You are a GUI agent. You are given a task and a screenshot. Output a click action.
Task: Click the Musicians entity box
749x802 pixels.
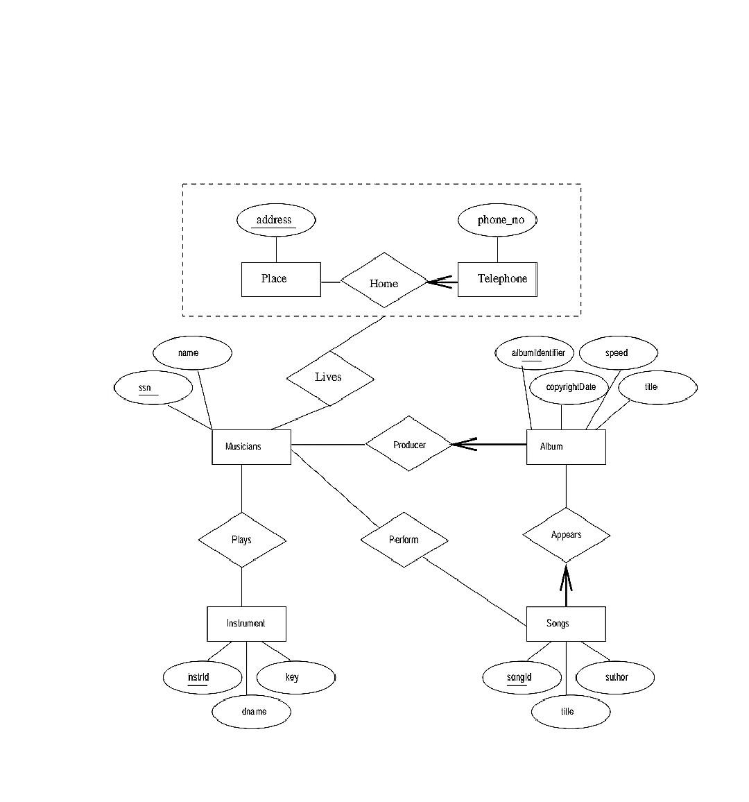[x=251, y=447]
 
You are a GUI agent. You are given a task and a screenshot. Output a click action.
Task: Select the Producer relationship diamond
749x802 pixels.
[x=408, y=444]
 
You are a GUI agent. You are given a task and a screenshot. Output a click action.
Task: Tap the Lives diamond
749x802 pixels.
[x=330, y=377]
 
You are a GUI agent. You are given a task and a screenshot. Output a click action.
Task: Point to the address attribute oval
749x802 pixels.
[x=275, y=221]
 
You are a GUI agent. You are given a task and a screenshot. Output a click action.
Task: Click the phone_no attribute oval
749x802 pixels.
[x=497, y=221]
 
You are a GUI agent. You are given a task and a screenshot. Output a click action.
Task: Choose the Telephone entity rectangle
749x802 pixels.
[x=497, y=279]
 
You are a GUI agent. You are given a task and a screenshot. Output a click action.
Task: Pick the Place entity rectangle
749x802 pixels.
[x=281, y=279]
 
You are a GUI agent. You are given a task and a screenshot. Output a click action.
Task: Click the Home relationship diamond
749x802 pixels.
[x=384, y=280]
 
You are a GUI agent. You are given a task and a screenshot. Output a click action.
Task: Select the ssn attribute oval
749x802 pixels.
[x=153, y=388]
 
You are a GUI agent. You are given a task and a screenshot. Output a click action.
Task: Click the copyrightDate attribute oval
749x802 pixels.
[x=570, y=387]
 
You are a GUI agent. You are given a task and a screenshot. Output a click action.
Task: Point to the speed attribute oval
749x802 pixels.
[x=617, y=353]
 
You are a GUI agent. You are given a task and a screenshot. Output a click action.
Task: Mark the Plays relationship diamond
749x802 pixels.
[x=242, y=540]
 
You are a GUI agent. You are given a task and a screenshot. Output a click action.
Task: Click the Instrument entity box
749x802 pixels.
[x=246, y=624]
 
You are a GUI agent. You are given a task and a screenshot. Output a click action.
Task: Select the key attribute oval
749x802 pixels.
[x=295, y=677]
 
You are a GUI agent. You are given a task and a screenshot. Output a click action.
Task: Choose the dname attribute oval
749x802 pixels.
[x=251, y=711]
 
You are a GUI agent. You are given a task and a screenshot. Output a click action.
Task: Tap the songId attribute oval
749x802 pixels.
[x=522, y=677]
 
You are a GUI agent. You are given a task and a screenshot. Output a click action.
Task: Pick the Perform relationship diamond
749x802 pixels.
[x=404, y=540]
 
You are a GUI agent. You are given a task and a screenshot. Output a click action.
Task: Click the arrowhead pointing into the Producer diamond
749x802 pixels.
[x=460, y=444]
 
